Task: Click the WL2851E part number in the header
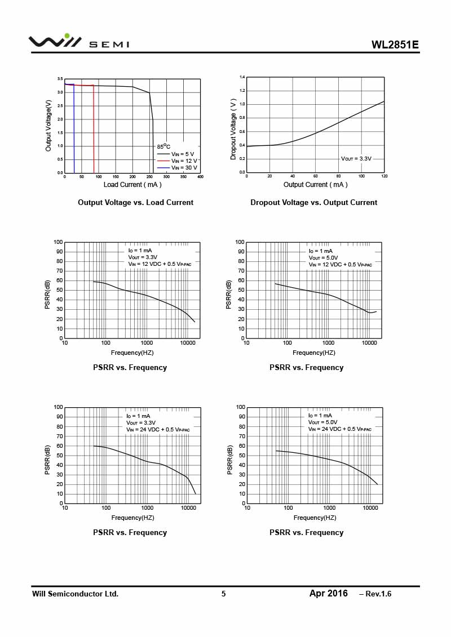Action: [395, 45]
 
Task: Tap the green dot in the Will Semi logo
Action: [67, 35]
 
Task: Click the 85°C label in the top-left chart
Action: [163, 146]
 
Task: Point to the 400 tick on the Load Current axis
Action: [200, 177]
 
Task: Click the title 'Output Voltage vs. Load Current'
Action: [135, 203]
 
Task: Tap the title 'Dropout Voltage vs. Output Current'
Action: [313, 203]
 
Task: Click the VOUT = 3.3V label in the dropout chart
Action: [356, 159]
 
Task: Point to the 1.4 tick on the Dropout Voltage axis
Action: [242, 77]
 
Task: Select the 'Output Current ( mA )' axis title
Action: [315, 185]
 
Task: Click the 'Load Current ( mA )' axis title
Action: [132, 185]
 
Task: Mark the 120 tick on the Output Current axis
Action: [384, 177]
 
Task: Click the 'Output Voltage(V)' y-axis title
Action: [48, 126]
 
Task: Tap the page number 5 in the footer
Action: [223, 594]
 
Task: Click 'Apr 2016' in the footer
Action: [328, 594]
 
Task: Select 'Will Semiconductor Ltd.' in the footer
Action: [75, 594]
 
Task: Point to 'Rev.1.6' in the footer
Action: [378, 594]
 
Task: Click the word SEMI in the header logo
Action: [109, 44]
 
